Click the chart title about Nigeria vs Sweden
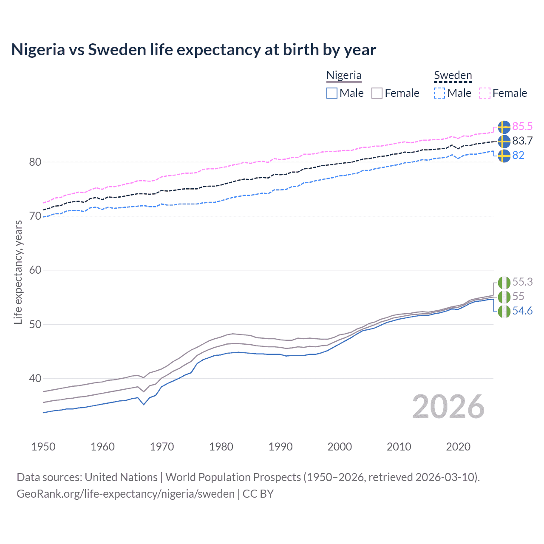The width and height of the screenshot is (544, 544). [193, 50]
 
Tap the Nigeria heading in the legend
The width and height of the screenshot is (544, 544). [344, 75]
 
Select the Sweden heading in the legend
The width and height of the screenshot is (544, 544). [453, 75]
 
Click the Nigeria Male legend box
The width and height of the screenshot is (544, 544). [332, 93]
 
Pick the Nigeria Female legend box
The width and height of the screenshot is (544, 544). [377, 93]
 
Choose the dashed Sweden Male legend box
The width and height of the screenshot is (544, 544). [439, 93]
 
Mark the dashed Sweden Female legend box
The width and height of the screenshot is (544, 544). [485, 93]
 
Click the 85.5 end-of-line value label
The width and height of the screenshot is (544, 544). [522, 126]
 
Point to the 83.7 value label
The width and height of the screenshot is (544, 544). [522, 141]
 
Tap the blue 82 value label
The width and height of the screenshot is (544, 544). [518, 155]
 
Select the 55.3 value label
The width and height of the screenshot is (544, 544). [522, 282]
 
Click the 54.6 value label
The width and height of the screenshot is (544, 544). [522, 311]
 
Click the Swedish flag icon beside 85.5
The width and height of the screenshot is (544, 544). [504, 127]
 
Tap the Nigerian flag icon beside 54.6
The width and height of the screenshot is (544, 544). [504, 311]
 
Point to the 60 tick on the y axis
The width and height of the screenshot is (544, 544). [35, 270]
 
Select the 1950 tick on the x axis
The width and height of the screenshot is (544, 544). [43, 447]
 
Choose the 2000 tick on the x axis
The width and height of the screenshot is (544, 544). [340, 447]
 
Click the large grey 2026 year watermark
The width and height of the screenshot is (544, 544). [448, 407]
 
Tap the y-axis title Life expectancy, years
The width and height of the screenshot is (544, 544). [18, 272]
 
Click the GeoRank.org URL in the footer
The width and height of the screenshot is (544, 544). [125, 493]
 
